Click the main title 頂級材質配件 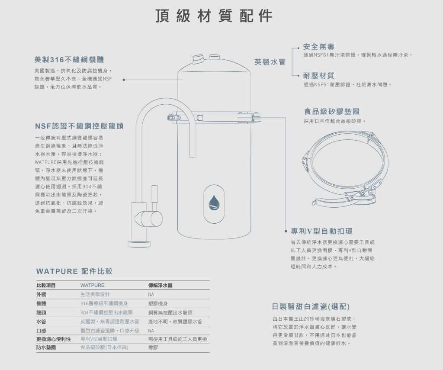click(214, 16)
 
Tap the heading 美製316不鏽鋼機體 click(69, 60)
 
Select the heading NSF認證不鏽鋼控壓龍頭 click(80, 126)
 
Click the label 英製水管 click(270, 62)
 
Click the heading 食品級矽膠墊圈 click(332, 111)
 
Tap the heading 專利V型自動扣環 click(321, 231)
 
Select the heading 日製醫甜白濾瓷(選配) click(311, 306)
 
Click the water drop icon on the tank click(214, 203)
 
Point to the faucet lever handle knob click(154, 193)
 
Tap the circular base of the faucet click(139, 244)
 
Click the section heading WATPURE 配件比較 click(74, 271)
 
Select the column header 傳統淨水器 click(160, 286)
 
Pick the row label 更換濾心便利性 click(53, 339)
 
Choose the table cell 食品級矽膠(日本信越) click(104, 347)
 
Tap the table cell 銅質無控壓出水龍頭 click(170, 312)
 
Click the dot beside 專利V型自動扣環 click(286, 231)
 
